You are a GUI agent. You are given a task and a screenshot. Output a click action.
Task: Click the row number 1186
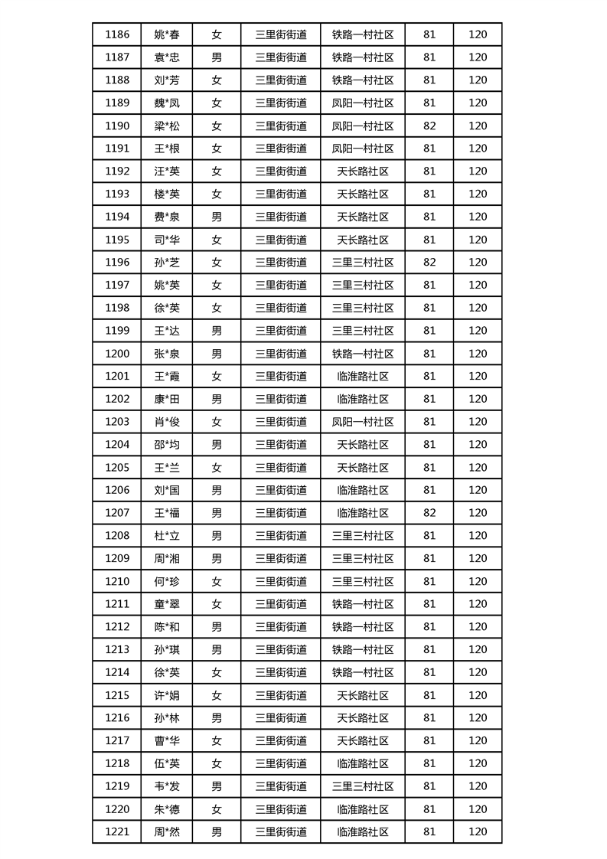117,34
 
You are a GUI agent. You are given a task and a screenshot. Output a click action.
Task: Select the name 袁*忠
167,57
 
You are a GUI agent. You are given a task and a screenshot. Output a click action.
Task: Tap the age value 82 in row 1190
429,126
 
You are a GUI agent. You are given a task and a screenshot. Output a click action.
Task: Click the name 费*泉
167,217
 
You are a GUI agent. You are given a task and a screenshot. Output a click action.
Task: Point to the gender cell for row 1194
217,217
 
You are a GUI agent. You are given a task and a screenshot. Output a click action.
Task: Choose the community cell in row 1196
363,263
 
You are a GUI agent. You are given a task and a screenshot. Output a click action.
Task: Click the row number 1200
117,354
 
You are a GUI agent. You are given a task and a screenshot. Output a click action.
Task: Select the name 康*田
167,399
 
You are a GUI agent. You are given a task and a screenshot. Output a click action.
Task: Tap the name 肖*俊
167,422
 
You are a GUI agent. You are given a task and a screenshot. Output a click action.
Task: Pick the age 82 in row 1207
429,513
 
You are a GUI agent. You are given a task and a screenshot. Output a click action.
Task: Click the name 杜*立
167,536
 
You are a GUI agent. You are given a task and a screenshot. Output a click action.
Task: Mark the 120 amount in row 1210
478,581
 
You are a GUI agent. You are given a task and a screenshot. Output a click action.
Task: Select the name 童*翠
167,604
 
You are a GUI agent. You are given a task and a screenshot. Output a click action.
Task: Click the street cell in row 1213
281,650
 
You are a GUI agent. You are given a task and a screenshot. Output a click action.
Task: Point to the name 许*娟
167,695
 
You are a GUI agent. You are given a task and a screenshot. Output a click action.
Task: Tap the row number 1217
117,740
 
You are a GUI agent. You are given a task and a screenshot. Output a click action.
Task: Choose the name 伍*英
167,763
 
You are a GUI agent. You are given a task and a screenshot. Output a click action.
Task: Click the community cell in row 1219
363,786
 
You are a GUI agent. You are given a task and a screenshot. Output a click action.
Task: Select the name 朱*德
167,809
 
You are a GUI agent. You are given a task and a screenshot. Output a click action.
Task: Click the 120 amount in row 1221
478,831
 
